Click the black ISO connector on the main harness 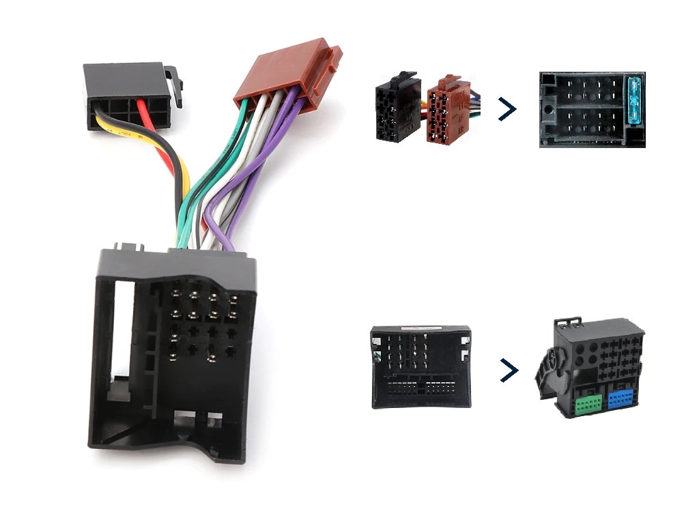click(126, 96)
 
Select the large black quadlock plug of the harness click(174, 355)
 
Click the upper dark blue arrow click(507, 108)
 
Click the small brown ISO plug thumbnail click(447, 109)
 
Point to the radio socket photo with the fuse click(592, 109)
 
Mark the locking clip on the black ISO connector click(176, 85)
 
